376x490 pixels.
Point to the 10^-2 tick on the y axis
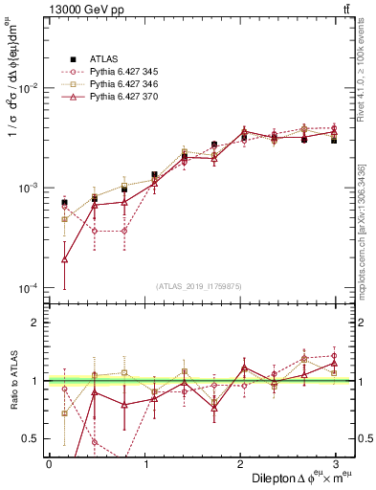[26, 88]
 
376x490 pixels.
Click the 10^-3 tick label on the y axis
[26, 188]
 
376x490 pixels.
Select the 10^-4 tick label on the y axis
[26, 288]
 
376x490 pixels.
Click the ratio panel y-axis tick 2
[34, 323]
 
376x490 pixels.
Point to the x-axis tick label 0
[49, 463]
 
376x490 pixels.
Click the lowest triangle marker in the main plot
[64, 259]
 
